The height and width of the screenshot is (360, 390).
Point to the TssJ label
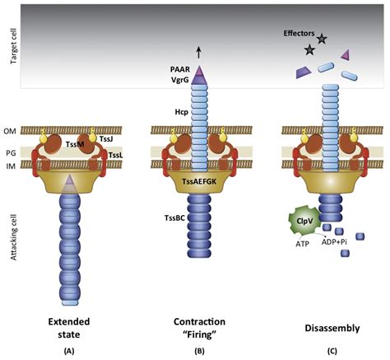click(106, 139)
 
